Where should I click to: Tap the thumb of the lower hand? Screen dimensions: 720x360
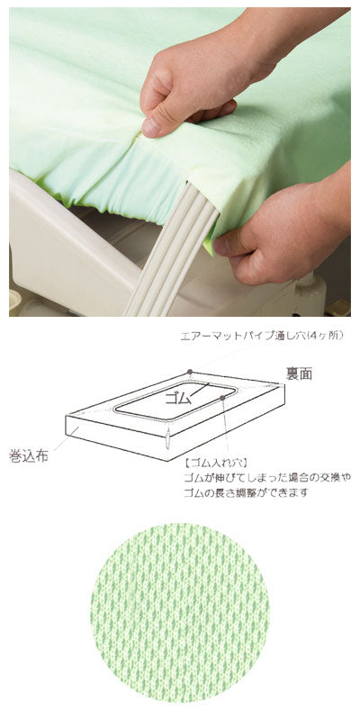click(236, 240)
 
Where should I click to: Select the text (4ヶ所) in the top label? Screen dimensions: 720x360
click(322, 336)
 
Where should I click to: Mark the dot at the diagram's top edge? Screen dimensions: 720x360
click(191, 371)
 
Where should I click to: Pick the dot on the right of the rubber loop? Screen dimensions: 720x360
click(221, 397)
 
